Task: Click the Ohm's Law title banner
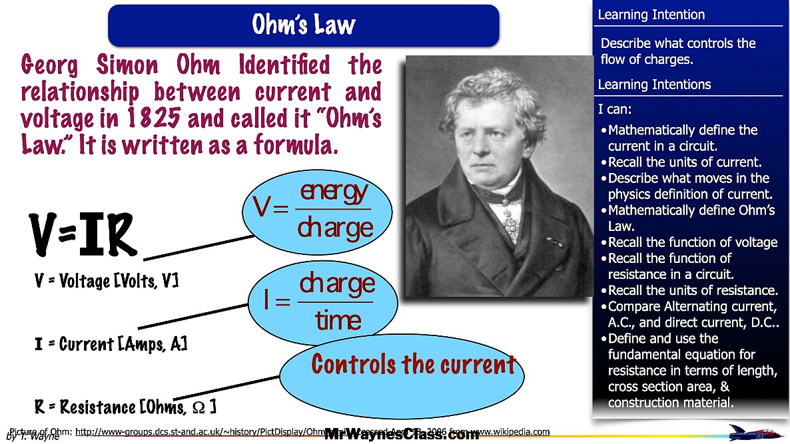(x=303, y=25)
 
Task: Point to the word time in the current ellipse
(x=338, y=320)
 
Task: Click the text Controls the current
(x=413, y=364)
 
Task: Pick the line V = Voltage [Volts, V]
(x=106, y=282)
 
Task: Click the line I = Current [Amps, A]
(x=111, y=344)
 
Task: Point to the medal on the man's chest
(x=510, y=216)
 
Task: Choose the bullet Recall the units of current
(x=685, y=162)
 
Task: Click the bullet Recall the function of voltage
(x=693, y=242)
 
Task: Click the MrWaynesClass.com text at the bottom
(x=402, y=435)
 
